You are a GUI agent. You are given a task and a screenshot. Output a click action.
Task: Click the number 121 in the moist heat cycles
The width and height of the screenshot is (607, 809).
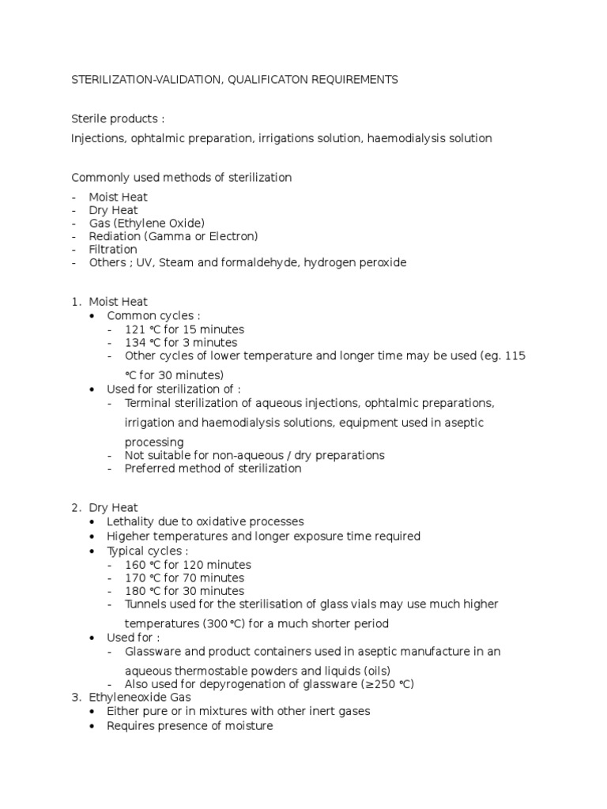coord(134,329)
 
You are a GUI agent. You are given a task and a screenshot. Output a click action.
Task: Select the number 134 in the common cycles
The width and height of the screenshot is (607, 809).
coord(134,343)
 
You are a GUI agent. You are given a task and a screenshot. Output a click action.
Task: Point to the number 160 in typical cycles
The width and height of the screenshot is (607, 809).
coord(134,565)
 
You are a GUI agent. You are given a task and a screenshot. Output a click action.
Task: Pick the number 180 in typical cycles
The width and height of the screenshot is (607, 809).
coord(134,591)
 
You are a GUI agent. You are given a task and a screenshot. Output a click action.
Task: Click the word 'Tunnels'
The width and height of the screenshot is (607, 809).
coord(146,604)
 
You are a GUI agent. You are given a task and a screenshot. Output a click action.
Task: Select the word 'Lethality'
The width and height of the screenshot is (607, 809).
coord(131,521)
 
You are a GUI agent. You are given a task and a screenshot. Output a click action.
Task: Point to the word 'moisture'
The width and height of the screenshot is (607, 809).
coord(247,726)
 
